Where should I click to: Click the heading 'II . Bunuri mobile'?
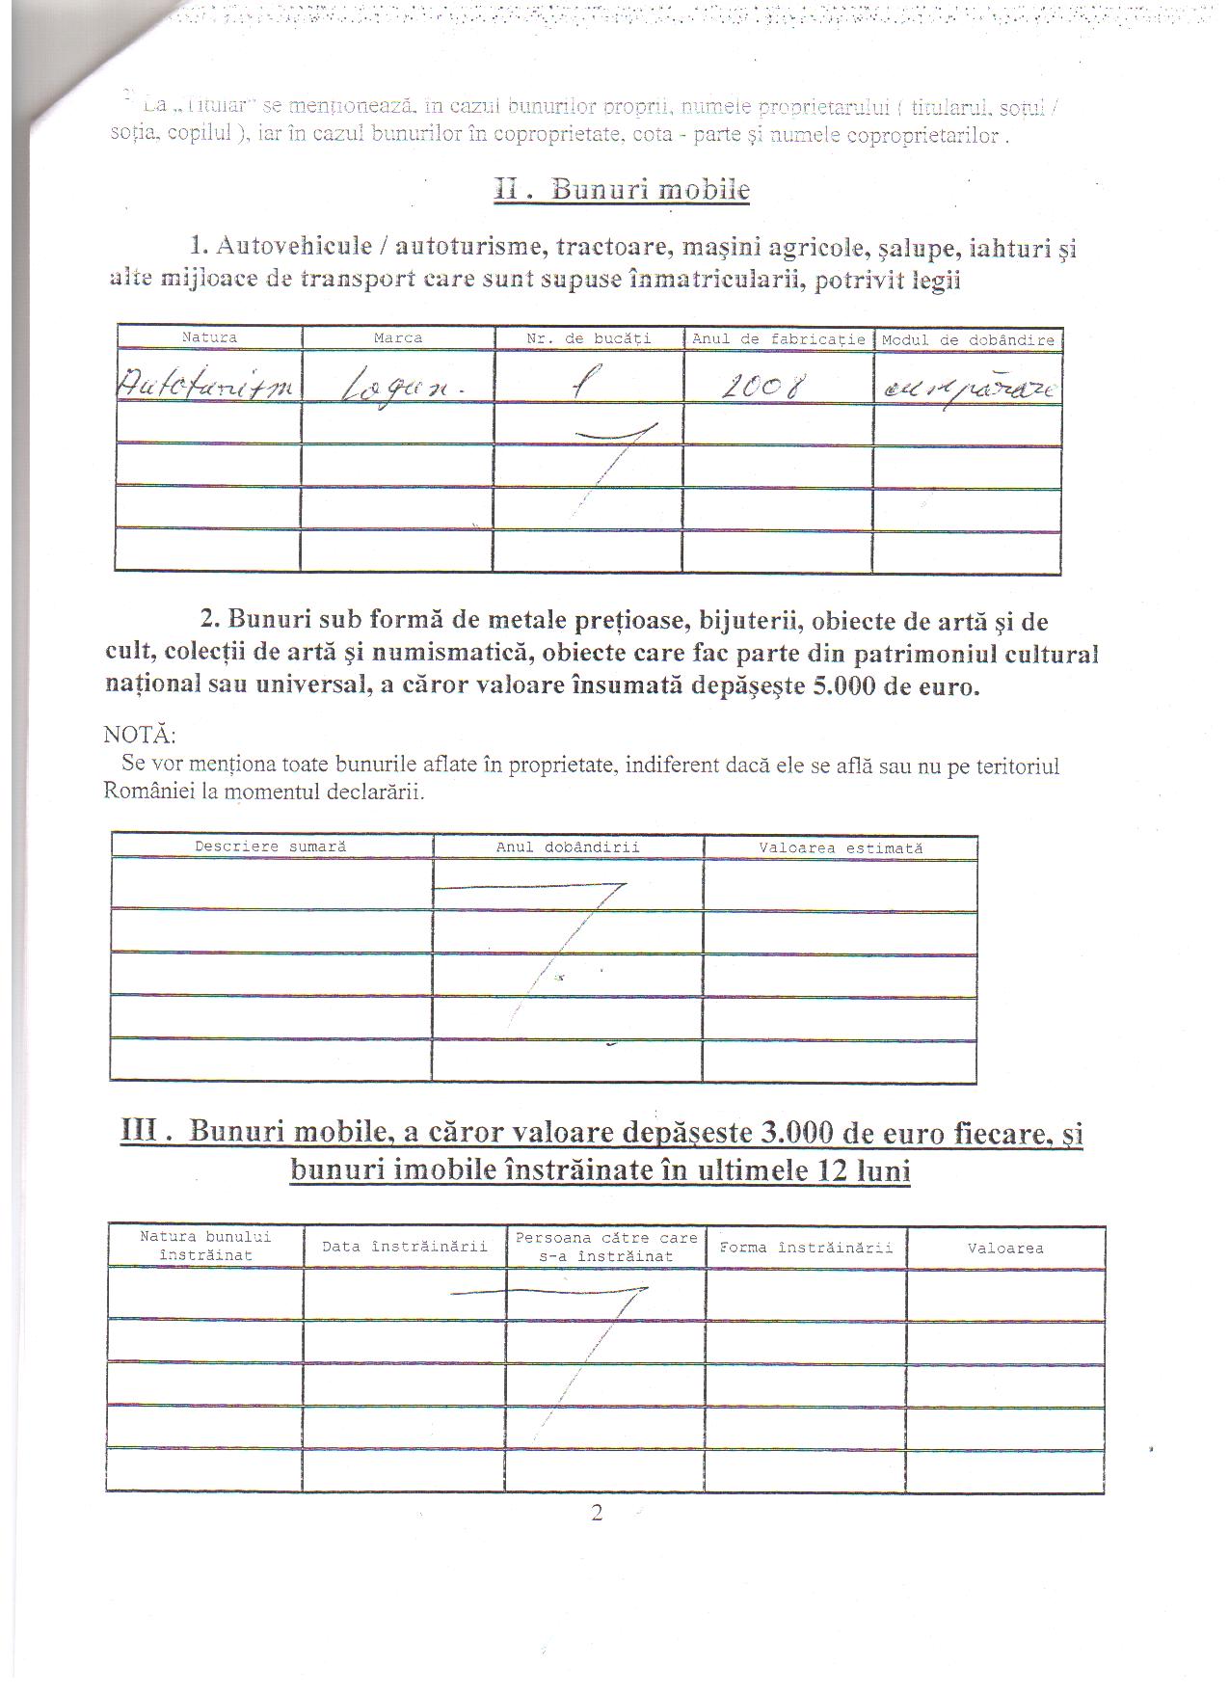622,188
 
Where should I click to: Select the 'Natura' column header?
209,337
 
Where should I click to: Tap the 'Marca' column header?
397,338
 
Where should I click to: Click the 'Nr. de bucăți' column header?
589,338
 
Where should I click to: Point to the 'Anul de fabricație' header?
778,339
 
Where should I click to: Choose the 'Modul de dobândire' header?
968,340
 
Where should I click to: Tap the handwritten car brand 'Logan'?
390,389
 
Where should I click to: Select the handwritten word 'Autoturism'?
208,388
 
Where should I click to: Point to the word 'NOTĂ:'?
139,735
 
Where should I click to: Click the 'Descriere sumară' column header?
270,846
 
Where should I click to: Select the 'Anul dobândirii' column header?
568,847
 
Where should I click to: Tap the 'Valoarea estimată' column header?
840,848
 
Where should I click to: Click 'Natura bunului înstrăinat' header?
205,1246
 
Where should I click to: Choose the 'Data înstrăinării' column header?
404,1247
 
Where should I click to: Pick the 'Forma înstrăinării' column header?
806,1248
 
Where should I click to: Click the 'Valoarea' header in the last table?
1004,1249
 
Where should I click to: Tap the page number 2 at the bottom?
597,1513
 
